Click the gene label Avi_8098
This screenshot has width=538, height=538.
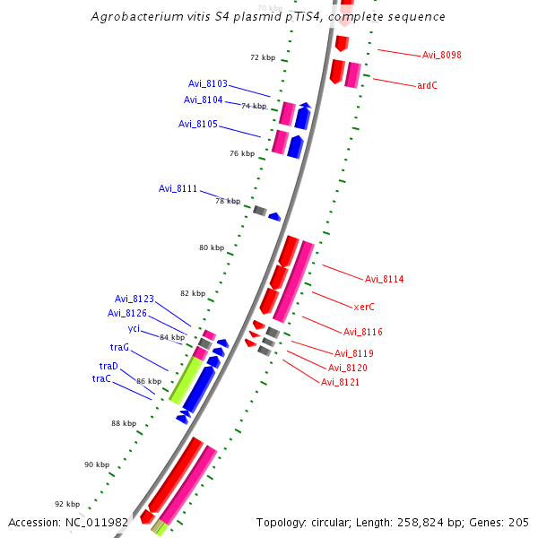point(441,56)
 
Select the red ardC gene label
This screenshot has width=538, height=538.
point(427,86)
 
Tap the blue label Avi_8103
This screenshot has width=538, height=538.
point(208,84)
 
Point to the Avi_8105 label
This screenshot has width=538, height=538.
point(198,125)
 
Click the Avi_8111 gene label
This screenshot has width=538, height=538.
point(178,189)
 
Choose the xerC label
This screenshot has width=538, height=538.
point(364,307)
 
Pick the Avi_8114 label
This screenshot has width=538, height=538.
point(385,279)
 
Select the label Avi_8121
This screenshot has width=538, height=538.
point(341,383)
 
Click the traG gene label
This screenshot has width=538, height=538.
point(120,347)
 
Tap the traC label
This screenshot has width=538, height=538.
point(101,379)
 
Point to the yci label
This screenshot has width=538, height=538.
point(134,328)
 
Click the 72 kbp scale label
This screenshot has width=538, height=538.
point(263,57)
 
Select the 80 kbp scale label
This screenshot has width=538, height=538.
point(212,247)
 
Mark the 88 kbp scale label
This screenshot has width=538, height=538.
point(124,423)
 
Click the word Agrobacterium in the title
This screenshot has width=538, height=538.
point(134,17)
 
